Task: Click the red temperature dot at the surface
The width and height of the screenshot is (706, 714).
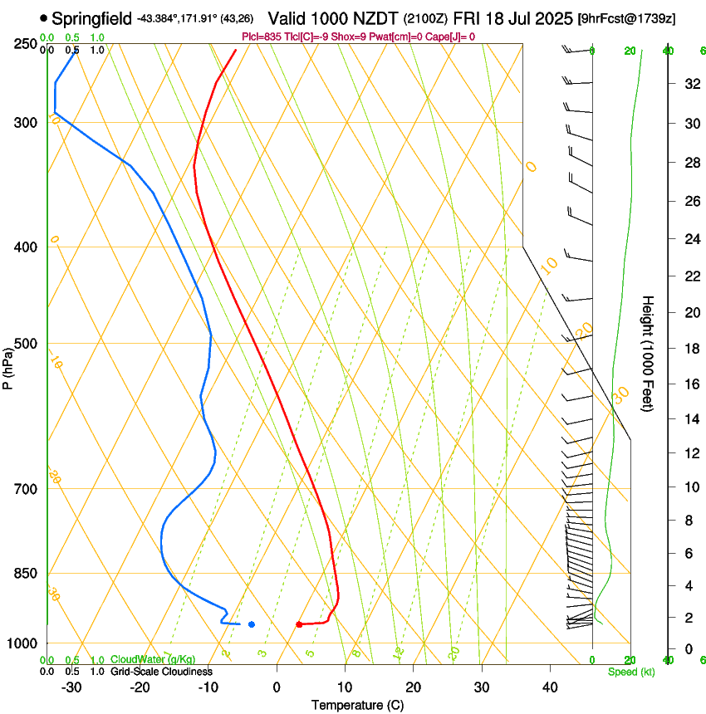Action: [299, 624]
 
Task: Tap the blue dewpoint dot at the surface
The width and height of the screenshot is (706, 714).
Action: [252, 624]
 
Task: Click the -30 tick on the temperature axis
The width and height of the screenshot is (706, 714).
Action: [71, 687]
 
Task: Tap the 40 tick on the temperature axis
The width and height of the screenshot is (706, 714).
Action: [550, 687]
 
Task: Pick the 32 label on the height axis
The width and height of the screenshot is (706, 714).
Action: [689, 83]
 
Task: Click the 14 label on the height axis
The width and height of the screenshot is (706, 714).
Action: [689, 419]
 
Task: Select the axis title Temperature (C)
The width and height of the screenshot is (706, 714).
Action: [357, 705]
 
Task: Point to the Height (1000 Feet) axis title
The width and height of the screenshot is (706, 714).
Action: [649, 353]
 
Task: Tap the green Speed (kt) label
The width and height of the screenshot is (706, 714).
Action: [630, 672]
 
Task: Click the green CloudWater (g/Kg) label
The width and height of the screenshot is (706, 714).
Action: [153, 660]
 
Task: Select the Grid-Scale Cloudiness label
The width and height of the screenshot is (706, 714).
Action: [161, 672]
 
